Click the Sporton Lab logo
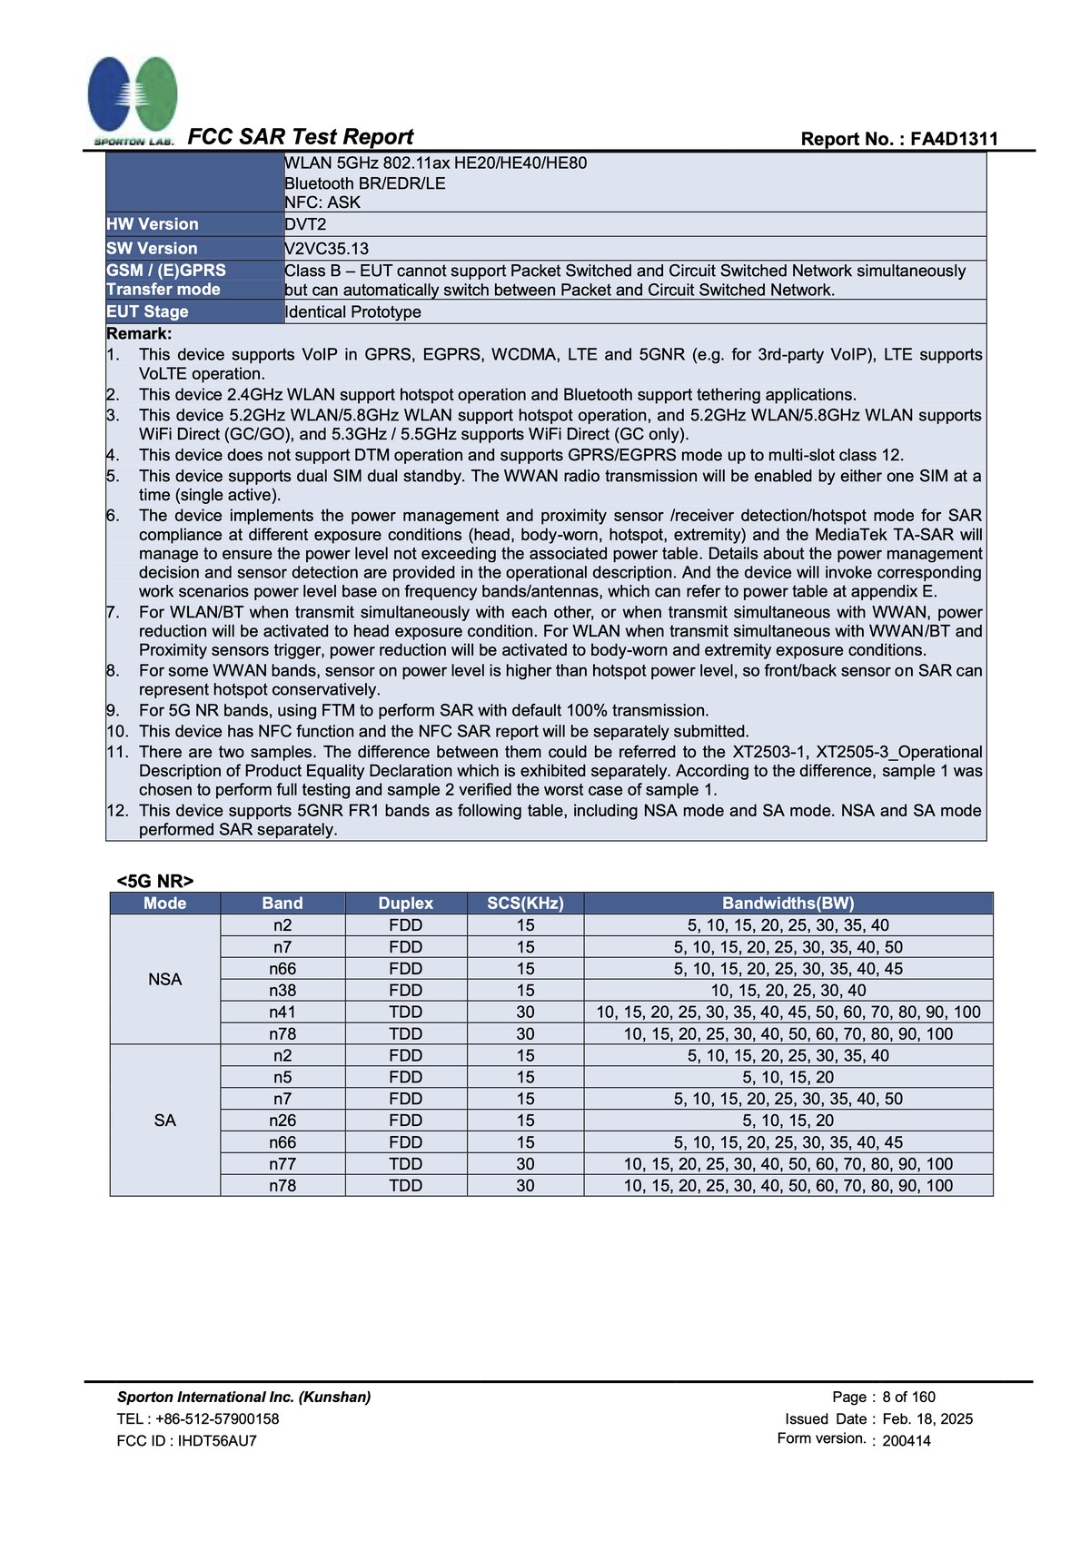133,98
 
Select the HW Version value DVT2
305,224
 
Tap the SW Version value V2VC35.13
326,248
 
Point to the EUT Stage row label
147,311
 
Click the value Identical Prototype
353,311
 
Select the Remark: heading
139,333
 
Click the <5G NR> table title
154,881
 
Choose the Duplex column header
405,903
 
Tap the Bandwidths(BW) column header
788,903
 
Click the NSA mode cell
164,979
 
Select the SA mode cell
164,1120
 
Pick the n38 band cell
282,990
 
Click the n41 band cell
282,1012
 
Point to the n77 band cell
282,1163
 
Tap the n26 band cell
282,1120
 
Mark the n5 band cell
282,1077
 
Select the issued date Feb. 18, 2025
927,1418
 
